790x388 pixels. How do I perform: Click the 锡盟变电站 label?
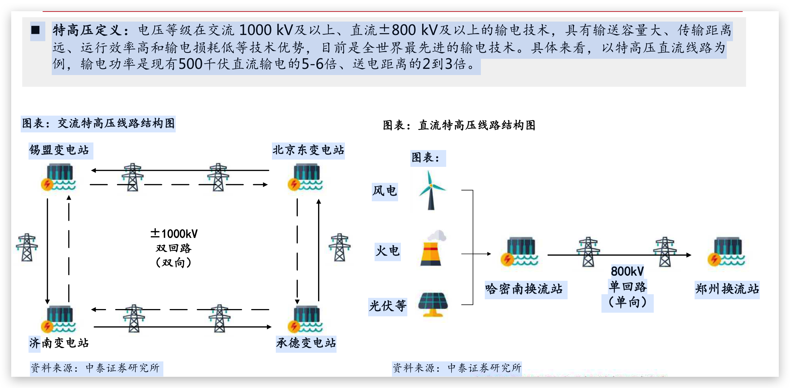pyautogui.click(x=60, y=150)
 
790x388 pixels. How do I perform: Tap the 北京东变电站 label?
pyautogui.click(x=308, y=150)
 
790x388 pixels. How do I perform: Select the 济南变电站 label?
pyautogui.click(x=60, y=343)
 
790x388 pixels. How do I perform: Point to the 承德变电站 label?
pyautogui.click(x=306, y=343)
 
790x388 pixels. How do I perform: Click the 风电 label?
pyautogui.click(x=385, y=191)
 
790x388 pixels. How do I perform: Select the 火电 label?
pyautogui.click(x=387, y=251)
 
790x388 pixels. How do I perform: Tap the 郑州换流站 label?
pyautogui.click(x=727, y=289)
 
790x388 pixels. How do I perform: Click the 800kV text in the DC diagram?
pyautogui.click(x=627, y=271)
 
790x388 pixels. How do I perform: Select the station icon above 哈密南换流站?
pyautogui.click(x=520, y=251)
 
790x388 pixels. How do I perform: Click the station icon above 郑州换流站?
pyautogui.click(x=726, y=251)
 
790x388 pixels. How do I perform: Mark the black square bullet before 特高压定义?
pyautogui.click(x=36, y=30)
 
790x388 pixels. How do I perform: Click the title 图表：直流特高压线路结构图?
pyautogui.click(x=459, y=125)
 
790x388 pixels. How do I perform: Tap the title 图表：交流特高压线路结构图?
pyautogui.click(x=98, y=123)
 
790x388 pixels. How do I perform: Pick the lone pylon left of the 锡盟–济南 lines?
pyautogui.click(x=27, y=247)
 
